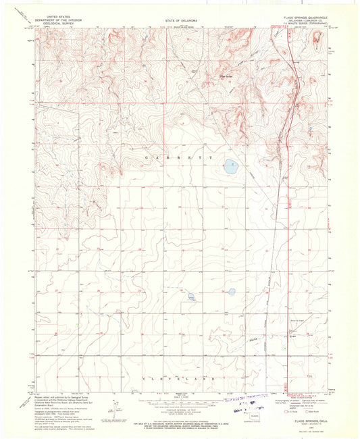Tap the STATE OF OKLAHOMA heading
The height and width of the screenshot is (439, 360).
click(180, 21)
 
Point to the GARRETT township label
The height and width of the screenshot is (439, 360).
click(179, 157)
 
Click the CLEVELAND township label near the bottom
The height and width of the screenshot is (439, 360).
click(179, 380)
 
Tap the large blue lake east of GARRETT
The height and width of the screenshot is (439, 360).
click(230, 164)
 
